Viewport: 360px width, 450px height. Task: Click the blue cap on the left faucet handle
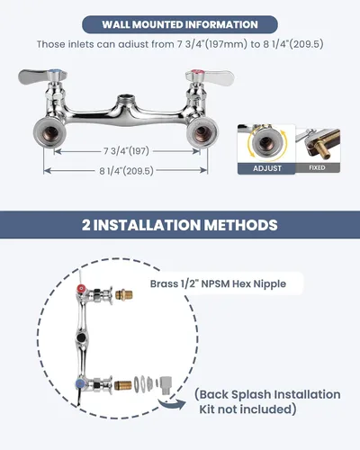point(55,73)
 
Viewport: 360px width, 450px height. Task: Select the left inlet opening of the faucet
point(49,132)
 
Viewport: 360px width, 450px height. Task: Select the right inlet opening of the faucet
point(202,132)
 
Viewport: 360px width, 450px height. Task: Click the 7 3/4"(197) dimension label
point(126,151)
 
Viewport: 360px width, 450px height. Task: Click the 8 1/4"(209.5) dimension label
point(126,171)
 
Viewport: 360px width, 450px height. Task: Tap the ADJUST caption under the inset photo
point(267,168)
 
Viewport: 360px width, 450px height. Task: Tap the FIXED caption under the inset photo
point(317,167)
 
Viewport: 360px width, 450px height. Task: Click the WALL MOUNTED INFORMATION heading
point(180,24)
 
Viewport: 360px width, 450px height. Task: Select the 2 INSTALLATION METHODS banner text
point(180,225)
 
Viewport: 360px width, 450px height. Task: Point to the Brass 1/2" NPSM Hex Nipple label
point(218,283)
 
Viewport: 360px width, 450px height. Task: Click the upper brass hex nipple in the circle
point(124,294)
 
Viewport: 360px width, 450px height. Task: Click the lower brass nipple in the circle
point(123,385)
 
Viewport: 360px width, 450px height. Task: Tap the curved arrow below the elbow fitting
point(172,405)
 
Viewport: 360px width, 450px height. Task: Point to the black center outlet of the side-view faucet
point(81,337)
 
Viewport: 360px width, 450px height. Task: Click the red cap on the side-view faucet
point(81,289)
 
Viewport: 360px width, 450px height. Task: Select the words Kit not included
point(246,409)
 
